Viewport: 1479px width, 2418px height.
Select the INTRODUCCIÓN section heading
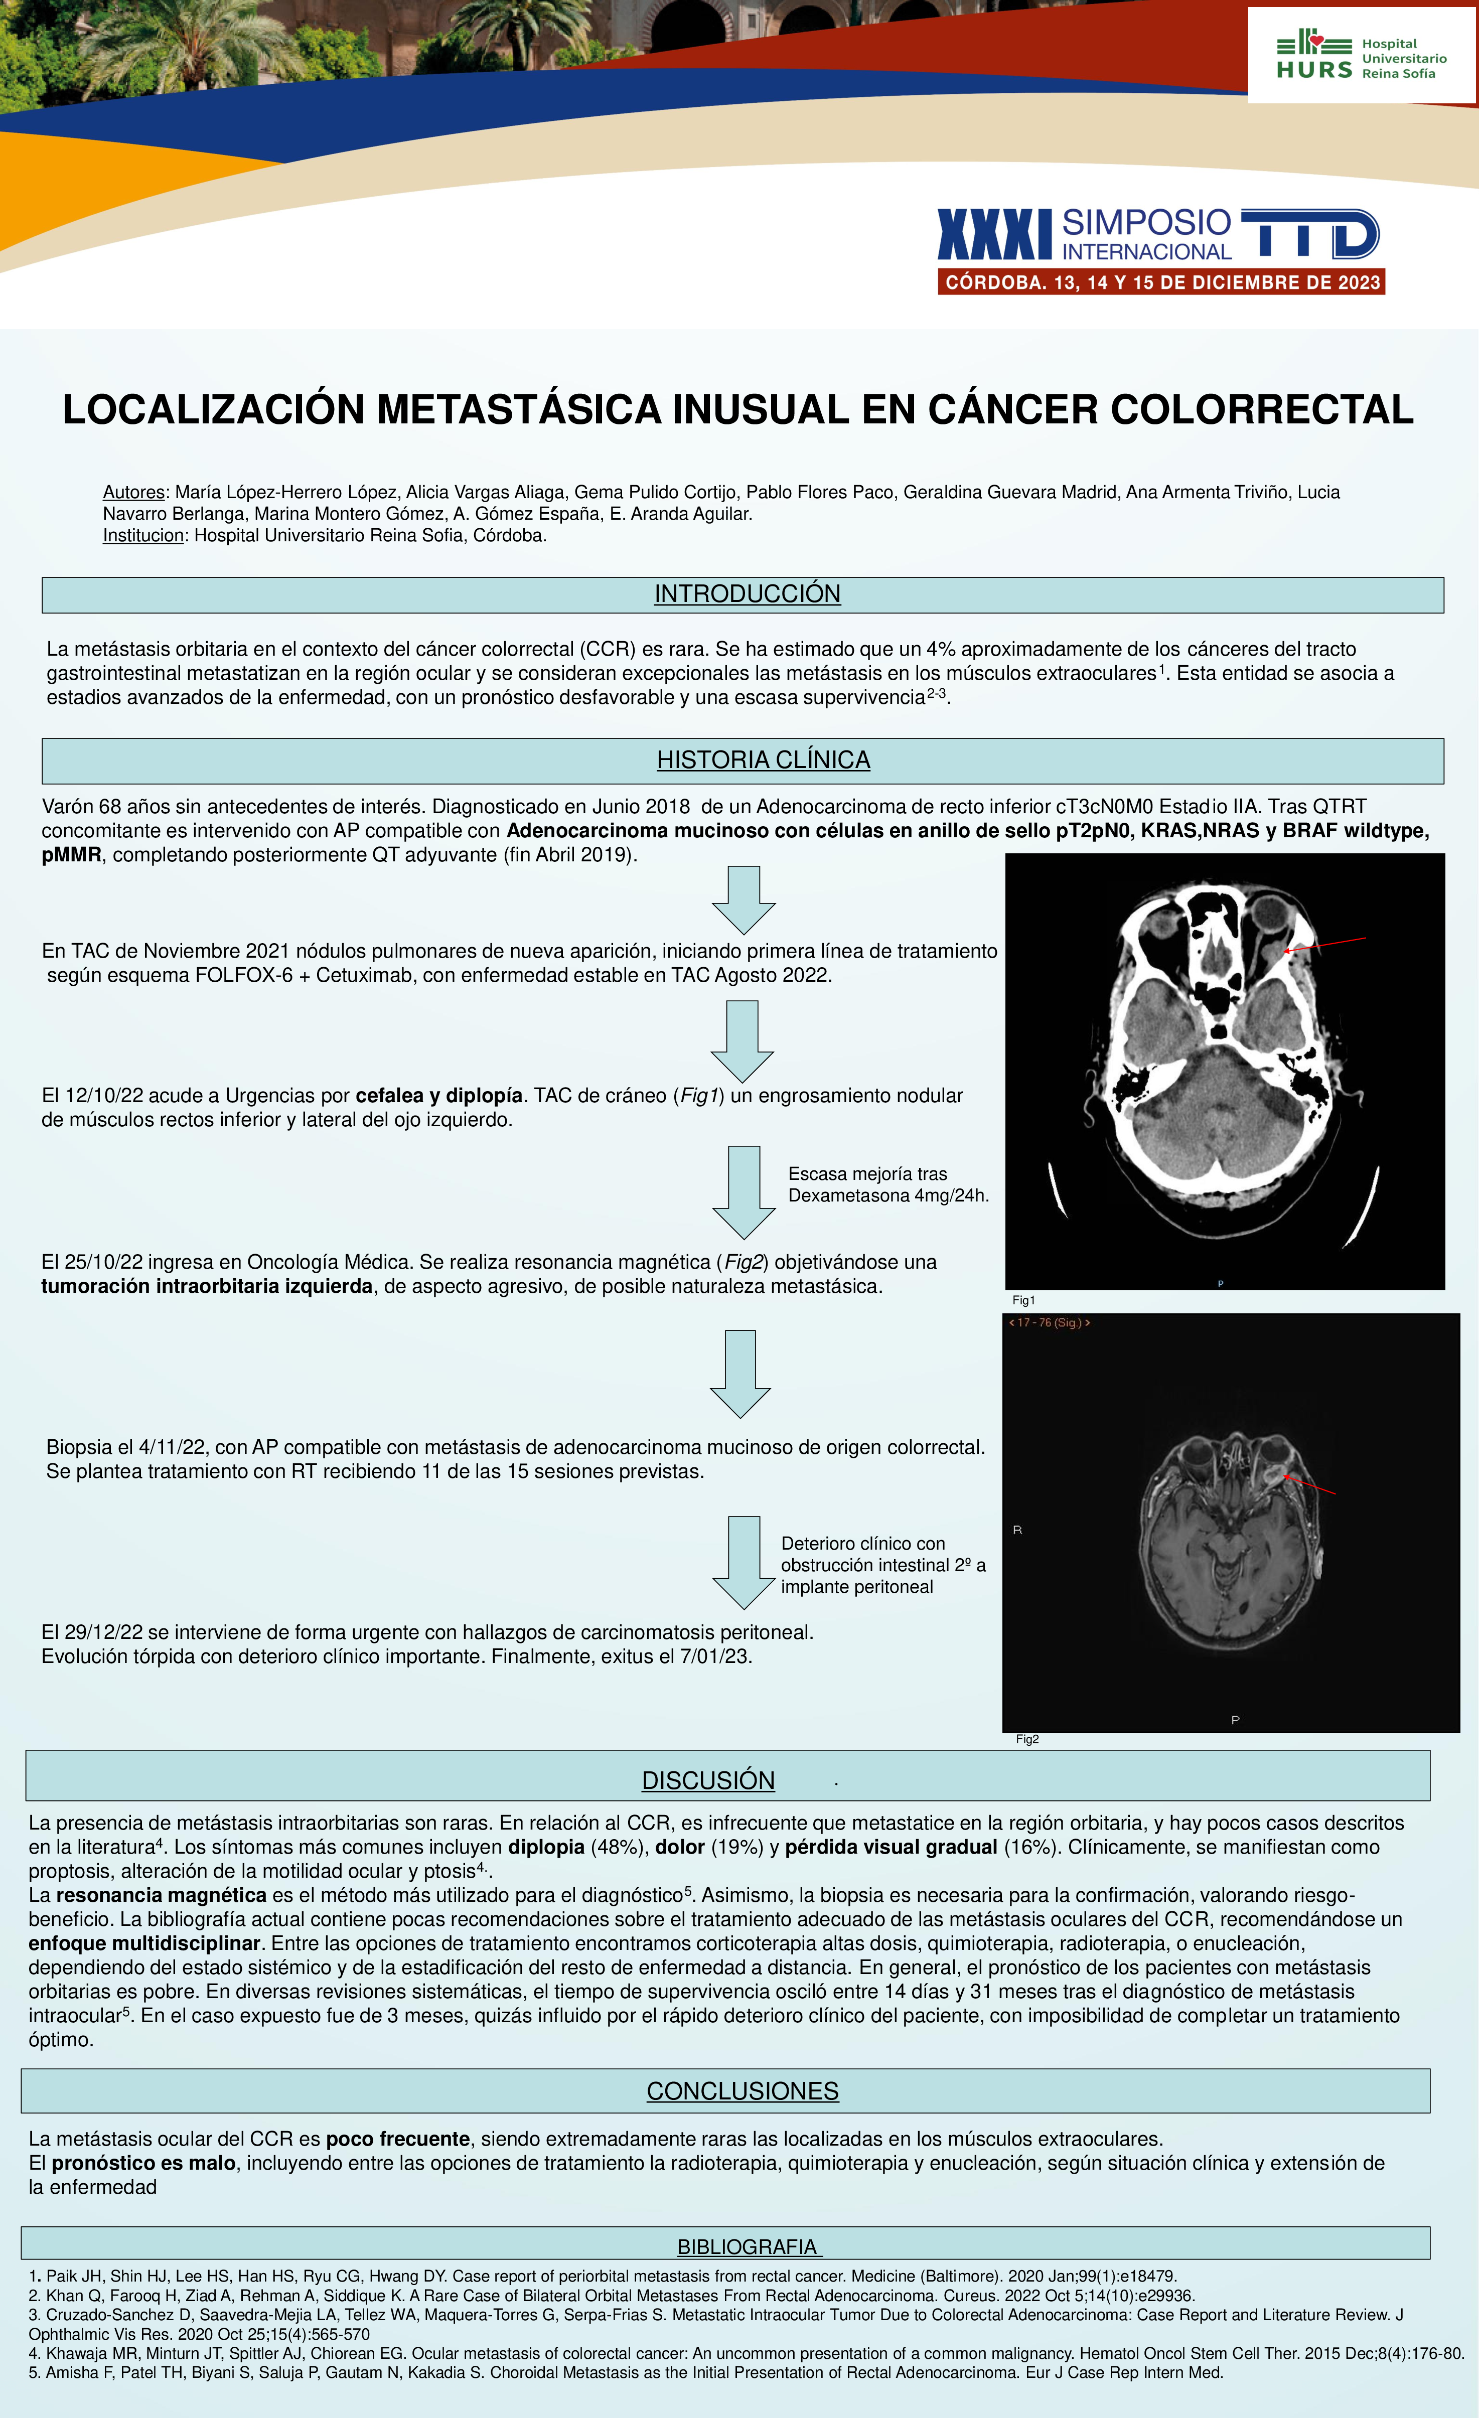pyautogui.click(x=747, y=593)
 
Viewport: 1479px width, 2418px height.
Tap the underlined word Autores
pyautogui.click(x=133, y=493)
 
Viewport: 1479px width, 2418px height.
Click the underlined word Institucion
pyautogui.click(x=143, y=536)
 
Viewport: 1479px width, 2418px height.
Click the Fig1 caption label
pyautogui.click(x=1023, y=1300)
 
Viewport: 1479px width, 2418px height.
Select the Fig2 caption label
pyautogui.click(x=1026, y=1739)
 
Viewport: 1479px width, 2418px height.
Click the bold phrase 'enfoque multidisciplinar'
pyautogui.click(x=144, y=1943)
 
